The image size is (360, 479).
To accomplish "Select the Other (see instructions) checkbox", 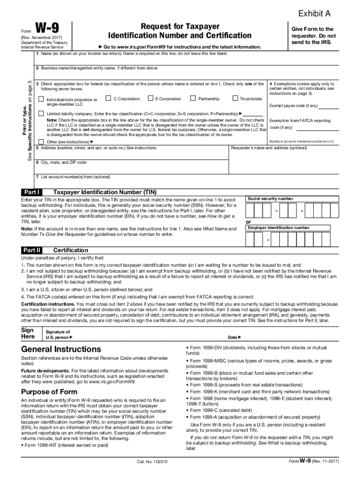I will pos(41,141).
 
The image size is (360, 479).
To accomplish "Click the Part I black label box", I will pos(32,192).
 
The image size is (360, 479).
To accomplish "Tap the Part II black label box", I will pos(32,250).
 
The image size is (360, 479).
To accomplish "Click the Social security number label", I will pos(270,199).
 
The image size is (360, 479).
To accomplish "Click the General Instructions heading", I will pos(61,349).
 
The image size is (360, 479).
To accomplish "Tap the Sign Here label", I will pos(29,333).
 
